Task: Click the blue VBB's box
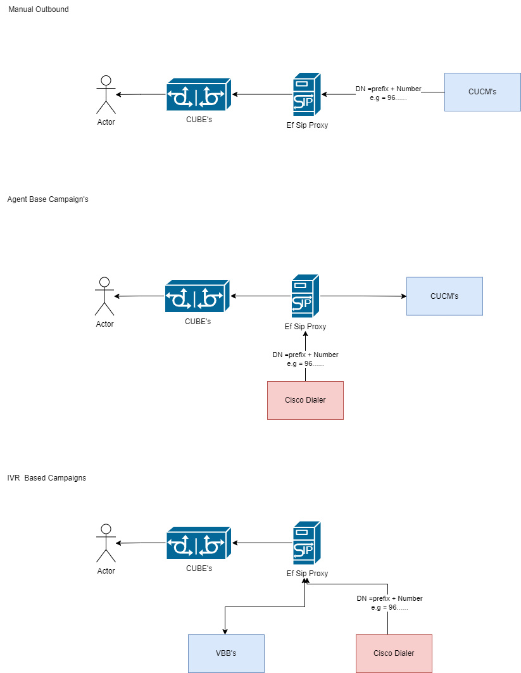(x=226, y=653)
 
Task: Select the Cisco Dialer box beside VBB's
(x=394, y=653)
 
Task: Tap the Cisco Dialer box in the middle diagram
(x=305, y=400)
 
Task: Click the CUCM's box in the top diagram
(x=482, y=92)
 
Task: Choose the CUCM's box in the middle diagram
(x=444, y=296)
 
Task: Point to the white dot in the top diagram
(x=106, y=80)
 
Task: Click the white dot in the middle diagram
(x=104, y=282)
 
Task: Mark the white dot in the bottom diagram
(x=106, y=529)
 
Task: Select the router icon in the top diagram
(x=198, y=94)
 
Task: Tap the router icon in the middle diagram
(x=197, y=296)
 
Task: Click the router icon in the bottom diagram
(x=198, y=543)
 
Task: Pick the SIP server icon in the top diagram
(x=306, y=94)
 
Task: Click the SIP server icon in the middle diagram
(x=305, y=296)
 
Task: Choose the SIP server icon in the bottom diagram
(x=306, y=543)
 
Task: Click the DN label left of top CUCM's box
(x=388, y=93)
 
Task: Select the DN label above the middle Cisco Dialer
(x=305, y=359)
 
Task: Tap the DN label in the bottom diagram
(x=389, y=603)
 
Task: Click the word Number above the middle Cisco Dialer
(x=326, y=355)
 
